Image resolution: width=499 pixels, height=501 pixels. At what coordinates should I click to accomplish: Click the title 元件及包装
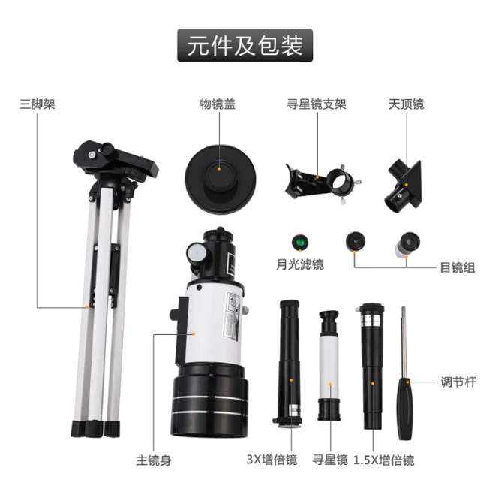pyautogui.click(x=245, y=45)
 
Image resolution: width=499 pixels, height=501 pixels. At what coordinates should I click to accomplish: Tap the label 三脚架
pyautogui.click(x=38, y=104)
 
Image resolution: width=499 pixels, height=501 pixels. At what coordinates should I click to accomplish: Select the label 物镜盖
pyautogui.click(x=218, y=104)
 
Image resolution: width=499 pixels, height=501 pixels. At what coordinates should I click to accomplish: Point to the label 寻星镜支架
pyautogui.click(x=317, y=104)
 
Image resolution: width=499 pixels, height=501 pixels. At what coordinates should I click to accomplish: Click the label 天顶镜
pyautogui.click(x=407, y=104)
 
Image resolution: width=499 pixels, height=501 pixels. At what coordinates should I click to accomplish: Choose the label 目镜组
pyautogui.click(x=457, y=267)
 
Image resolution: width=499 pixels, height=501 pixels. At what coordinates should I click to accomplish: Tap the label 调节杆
pyautogui.click(x=458, y=382)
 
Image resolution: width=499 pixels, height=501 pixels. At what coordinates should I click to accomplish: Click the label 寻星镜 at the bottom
pyautogui.click(x=330, y=460)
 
